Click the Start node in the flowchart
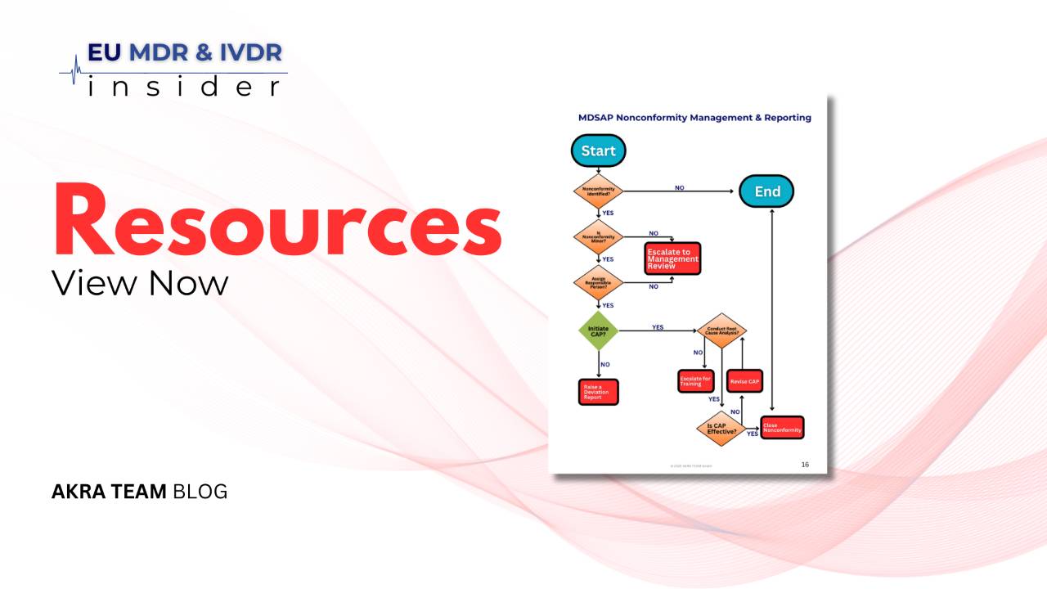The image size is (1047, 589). pos(598,151)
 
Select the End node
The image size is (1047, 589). pos(766,191)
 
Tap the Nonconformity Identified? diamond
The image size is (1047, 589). pos(598,191)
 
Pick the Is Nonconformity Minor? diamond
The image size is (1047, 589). pos(598,236)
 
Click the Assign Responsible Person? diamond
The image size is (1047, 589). pos(598,283)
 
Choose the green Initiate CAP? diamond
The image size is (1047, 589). pos(598,330)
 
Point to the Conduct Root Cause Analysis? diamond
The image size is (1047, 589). pos(721,330)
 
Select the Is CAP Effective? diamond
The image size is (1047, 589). pos(721,428)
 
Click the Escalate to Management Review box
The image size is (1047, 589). pos(673,259)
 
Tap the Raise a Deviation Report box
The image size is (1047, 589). pos(598,392)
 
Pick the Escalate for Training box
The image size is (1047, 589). pos(695,381)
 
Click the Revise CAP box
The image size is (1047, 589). pos(744,381)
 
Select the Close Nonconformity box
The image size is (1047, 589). pos(782,427)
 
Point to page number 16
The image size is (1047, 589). pos(805,465)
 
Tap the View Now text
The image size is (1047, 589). pos(140,283)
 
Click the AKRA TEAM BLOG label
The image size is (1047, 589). pos(139,492)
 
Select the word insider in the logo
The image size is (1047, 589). pos(183,86)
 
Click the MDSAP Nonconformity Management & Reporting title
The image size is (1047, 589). pos(694,118)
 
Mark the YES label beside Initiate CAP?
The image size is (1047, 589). pos(658,327)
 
